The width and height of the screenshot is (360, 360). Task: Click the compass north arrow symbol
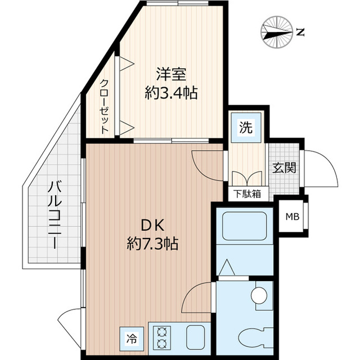[x=278, y=32]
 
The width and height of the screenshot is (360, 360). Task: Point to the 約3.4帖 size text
[x=171, y=93]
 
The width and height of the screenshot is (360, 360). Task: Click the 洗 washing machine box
[x=246, y=127]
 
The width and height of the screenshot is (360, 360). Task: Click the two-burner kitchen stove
[x=163, y=337]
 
